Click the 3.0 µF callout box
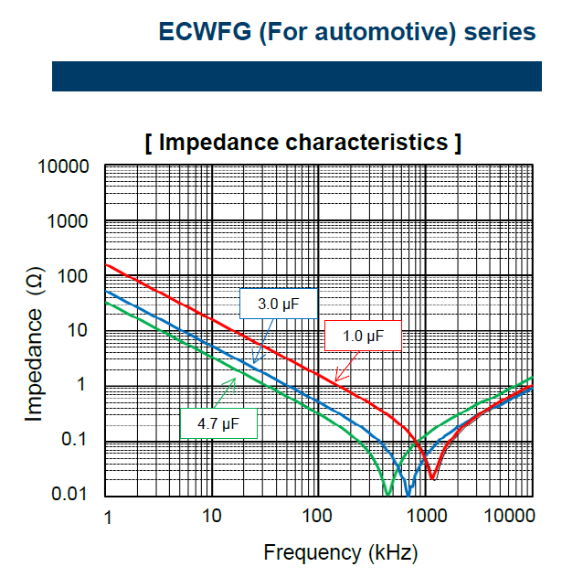279,304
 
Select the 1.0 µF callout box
363,336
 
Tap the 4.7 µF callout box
218,423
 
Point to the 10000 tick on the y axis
63,166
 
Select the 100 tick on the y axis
72,276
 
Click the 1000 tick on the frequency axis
427,516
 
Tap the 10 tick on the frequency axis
212,516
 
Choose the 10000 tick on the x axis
510,516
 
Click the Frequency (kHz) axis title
341,552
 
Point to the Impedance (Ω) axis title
35,344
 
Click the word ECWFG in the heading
205,31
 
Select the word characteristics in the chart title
366,143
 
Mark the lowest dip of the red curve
432,478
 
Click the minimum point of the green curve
388,494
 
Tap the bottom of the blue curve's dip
408,496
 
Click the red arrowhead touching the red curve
339,376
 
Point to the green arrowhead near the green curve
231,383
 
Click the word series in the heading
500,31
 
